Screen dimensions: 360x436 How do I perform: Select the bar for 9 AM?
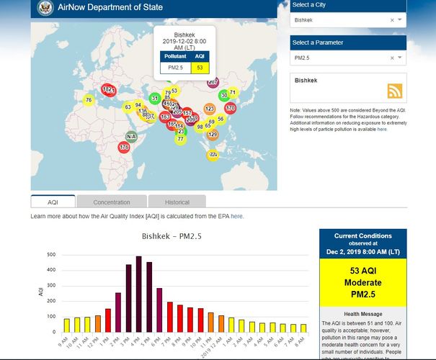pos(67,325)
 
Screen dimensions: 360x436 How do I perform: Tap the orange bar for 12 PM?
pos(98,323)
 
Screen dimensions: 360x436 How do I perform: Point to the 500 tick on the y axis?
pos(50,255)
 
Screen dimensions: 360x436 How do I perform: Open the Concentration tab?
pos(112,202)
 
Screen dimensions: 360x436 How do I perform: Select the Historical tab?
pos(177,202)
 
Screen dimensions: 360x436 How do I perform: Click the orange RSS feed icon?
pos(395,91)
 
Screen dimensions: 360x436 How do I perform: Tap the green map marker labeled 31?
pos(154,99)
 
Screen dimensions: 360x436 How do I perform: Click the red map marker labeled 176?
pos(124,147)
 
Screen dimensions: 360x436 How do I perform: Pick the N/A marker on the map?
pos(131,137)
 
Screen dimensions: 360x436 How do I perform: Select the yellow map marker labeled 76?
pos(89,100)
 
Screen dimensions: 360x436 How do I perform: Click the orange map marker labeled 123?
pos(209,109)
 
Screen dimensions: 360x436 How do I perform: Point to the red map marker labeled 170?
pos(230,108)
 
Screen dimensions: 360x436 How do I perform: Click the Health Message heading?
pos(362,314)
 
